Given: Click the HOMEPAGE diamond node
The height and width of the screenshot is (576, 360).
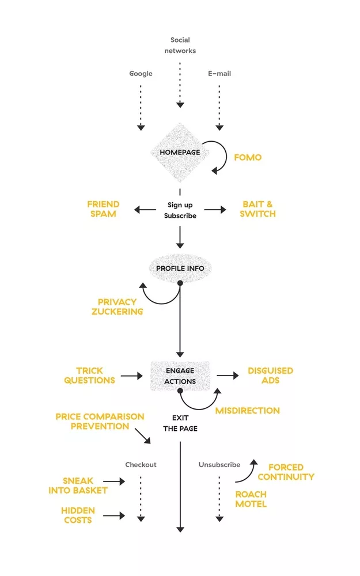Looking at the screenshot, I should click(180, 152).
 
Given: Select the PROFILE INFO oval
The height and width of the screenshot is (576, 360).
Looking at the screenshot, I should click(180, 268).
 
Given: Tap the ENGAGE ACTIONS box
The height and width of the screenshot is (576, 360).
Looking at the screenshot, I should click(180, 376).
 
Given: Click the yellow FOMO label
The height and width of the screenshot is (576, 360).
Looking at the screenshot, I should click(248, 157).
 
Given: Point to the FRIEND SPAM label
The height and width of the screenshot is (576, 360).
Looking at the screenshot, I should click(103, 209).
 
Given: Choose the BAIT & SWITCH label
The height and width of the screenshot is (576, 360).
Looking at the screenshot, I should click(257, 209).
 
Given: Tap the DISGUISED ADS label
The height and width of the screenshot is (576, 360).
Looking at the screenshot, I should click(270, 376).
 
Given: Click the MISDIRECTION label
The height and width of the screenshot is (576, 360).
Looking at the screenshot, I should click(247, 411).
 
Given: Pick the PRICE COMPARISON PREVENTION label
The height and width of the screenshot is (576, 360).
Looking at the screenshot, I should click(100, 421).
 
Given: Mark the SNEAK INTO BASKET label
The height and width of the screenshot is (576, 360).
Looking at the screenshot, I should click(85, 486).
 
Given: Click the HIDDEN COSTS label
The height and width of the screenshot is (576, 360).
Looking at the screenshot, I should click(78, 516).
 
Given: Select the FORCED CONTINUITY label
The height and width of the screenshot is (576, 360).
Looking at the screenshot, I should click(286, 472).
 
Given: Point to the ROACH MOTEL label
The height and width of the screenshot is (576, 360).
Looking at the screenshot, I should click(251, 499).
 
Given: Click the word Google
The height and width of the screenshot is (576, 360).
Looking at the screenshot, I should click(141, 74).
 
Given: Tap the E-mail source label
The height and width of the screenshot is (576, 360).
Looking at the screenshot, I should click(219, 74).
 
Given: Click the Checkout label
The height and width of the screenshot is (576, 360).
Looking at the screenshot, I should click(141, 465).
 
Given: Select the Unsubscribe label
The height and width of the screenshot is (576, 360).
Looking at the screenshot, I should click(219, 465).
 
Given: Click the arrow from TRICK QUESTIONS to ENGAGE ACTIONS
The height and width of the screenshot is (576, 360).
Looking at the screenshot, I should click(131, 376).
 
